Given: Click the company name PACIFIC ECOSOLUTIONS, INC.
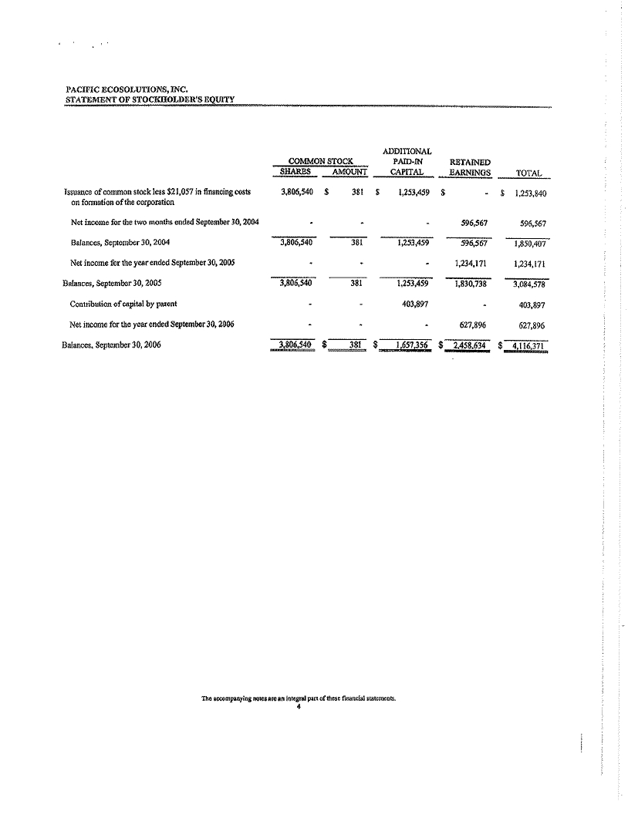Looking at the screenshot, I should tap(128, 89).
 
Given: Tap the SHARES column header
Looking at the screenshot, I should tap(295, 172).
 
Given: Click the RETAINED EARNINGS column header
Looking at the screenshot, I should tap(470, 167).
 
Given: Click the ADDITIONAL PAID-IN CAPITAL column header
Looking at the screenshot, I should tap(407, 161).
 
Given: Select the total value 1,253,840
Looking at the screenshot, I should tap(529, 194).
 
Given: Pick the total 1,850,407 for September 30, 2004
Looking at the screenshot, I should tap(529, 244).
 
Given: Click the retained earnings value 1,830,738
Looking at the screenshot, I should tap(470, 283).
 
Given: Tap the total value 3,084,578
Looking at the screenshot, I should tap(529, 284).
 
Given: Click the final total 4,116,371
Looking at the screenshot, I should tap(529, 345).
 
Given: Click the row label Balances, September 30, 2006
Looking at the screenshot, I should tap(111, 345).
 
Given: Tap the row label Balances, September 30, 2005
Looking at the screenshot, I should tap(111, 283).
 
